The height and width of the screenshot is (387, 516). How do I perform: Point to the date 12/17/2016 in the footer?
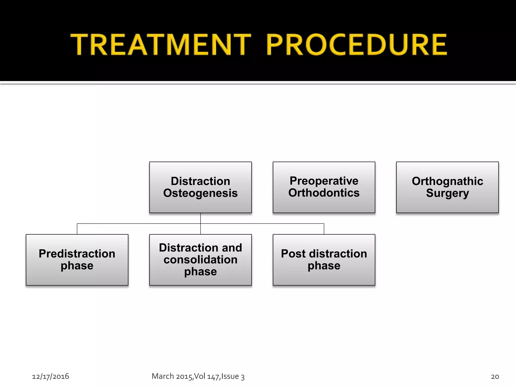pyautogui.click(x=50, y=376)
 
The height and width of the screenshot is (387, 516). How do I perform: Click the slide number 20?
pyautogui.click(x=495, y=376)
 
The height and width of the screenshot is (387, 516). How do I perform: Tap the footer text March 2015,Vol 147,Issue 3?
pyautogui.click(x=198, y=376)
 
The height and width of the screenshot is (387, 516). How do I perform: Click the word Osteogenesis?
pyautogui.click(x=200, y=193)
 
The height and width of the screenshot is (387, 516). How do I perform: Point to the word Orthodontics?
pyautogui.click(x=324, y=193)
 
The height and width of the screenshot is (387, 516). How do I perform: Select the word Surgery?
pyautogui.click(x=447, y=193)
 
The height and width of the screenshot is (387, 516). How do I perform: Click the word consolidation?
pyautogui.click(x=200, y=260)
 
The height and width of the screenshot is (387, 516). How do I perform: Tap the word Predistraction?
pyautogui.click(x=77, y=253)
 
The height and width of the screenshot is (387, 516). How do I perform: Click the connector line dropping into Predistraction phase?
pyautogui.click(x=77, y=229)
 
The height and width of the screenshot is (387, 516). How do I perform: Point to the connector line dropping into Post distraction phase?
pyautogui.click(x=324, y=229)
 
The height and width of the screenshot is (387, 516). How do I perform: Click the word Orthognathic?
pyautogui.click(x=447, y=181)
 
